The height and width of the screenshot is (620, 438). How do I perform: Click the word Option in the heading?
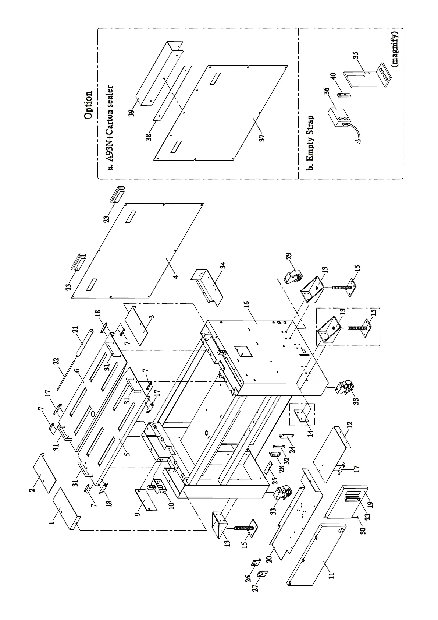tap(88, 105)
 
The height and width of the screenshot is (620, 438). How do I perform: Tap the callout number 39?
tap(132, 111)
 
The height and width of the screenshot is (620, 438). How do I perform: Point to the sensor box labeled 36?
tap(338, 116)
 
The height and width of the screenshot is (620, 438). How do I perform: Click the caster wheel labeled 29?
tap(293, 275)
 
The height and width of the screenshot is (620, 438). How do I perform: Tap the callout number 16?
tap(246, 305)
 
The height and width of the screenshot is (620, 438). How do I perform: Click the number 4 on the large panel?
tap(176, 276)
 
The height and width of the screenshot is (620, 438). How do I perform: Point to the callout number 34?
tap(223, 266)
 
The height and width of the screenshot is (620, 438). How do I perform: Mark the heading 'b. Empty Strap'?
tap(311, 143)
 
